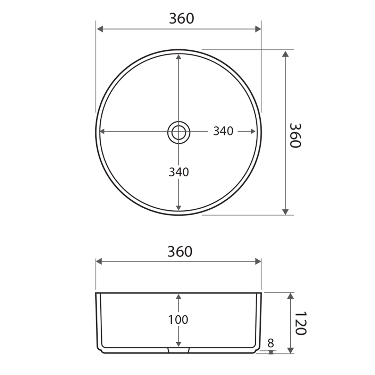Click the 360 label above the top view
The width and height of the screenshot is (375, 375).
[x=182, y=19]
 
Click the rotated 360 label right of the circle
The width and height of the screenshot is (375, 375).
[x=295, y=135]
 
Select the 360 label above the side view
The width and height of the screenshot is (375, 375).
[x=180, y=252]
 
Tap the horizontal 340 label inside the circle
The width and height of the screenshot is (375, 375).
[x=223, y=131]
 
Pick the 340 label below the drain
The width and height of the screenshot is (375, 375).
[x=179, y=172]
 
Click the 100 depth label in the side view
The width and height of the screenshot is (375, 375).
[x=178, y=320]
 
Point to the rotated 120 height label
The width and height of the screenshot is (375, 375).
[x=300, y=323]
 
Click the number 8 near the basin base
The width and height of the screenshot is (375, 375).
[x=270, y=343]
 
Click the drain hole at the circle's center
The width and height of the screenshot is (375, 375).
[x=179, y=132]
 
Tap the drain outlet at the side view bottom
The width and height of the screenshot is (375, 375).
[x=179, y=350]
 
